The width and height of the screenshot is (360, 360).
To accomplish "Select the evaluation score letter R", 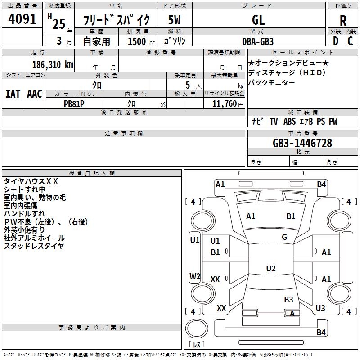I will click(343, 21).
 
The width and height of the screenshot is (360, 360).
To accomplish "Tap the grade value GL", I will click(258, 20).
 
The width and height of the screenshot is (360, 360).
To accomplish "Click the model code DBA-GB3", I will click(258, 41).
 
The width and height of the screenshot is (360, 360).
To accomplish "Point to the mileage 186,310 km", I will click(53, 64).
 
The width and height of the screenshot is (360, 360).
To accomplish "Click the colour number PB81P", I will click(74, 103).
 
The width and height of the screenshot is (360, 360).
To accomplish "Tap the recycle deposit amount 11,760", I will click(224, 104).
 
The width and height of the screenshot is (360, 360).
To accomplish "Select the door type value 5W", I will click(174, 20).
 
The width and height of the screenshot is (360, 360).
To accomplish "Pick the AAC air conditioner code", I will click(35, 94).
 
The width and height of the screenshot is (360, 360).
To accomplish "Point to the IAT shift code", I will click(13, 94).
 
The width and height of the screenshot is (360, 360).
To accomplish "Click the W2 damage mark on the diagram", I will click(194, 276).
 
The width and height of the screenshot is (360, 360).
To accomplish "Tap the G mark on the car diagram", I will click(284, 237).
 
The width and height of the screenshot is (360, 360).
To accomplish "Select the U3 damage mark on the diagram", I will click(320, 308).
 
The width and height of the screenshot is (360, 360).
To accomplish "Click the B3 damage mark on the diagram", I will click(288, 299).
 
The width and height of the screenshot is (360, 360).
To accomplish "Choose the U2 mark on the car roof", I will click(270, 269).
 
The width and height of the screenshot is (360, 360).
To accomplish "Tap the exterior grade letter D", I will click(335, 41).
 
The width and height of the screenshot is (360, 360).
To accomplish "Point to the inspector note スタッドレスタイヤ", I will click(34, 246).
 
